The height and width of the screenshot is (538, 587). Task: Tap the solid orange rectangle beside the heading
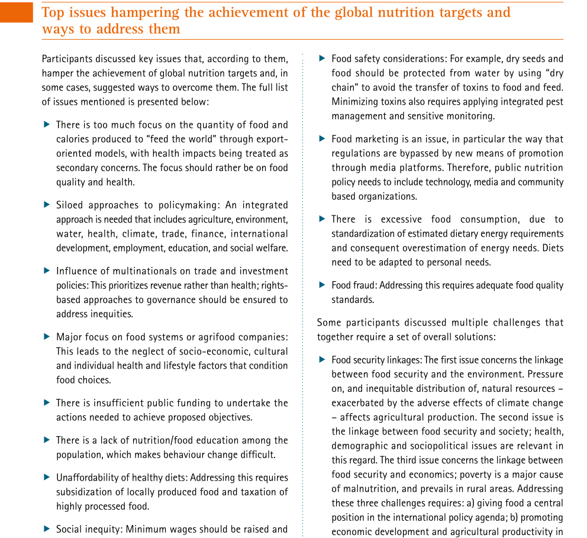point(17,11)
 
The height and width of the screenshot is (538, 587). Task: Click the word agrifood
point(217,337)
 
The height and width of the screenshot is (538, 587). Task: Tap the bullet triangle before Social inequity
point(47,529)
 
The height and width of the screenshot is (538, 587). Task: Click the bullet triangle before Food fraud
point(322,285)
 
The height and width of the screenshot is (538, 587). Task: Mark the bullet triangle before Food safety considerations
point(322,59)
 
